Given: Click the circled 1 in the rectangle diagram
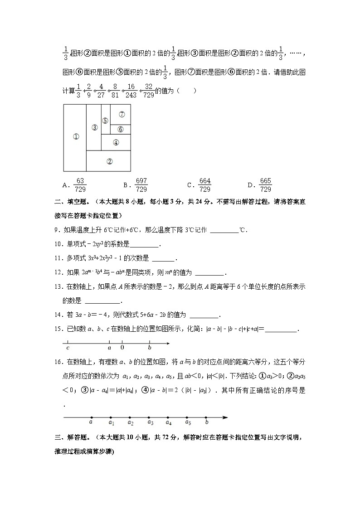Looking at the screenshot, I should click(x=76, y=136).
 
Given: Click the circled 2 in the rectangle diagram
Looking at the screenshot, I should click(x=109, y=161).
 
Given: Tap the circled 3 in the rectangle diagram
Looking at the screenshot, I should click(x=94, y=127).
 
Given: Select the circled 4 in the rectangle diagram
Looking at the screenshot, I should click(x=116, y=142).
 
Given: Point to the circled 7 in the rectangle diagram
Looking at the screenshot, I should click(x=122, y=114).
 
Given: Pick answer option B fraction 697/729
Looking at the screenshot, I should click(x=141, y=185).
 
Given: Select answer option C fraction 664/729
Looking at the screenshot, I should click(x=204, y=185).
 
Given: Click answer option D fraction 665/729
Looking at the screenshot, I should click(x=265, y=185).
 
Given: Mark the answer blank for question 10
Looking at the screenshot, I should click(x=144, y=245).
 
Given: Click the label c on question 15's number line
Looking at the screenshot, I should click(x=68, y=348).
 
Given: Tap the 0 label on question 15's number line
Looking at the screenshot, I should click(x=122, y=348).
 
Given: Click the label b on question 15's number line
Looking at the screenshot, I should click(x=150, y=348).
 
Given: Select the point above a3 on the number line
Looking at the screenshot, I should click(x=149, y=417).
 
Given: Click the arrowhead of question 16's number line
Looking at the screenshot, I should click(x=225, y=417).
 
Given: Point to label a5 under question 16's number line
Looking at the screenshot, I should click(x=188, y=423).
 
